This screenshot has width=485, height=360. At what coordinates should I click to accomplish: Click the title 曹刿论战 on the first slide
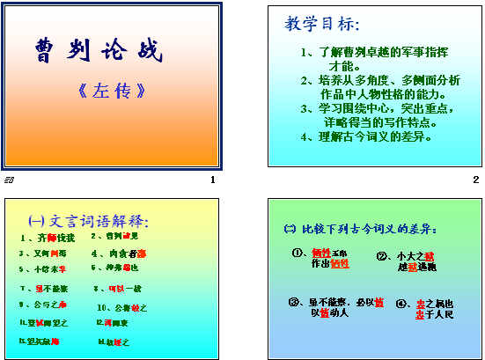tap(99, 51)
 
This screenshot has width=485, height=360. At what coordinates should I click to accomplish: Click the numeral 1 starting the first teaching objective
tap(305, 52)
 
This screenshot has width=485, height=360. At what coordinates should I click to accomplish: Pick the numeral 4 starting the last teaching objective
tap(305, 137)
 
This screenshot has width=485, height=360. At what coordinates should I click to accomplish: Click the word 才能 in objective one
tap(342, 66)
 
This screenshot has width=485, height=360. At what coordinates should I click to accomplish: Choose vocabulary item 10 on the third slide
tap(122, 307)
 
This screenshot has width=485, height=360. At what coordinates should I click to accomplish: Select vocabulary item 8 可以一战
tap(116, 288)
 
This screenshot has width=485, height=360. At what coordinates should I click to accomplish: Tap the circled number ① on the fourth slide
tap(298, 253)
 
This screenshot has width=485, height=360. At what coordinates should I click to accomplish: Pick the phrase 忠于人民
tap(435, 313)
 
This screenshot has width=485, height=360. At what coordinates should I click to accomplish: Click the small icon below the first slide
tap(9, 180)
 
